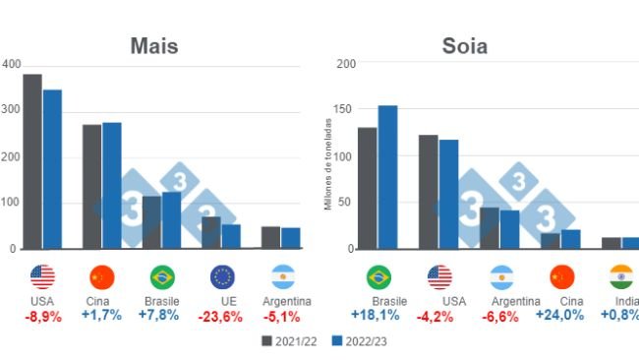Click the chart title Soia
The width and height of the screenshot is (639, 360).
[x=464, y=46]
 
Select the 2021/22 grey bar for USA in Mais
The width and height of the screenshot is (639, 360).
[x=32, y=161]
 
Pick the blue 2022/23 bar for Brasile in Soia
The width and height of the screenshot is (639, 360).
[x=387, y=177]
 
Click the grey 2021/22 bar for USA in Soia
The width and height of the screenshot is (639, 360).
[x=428, y=192]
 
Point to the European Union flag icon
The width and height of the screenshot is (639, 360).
[x=222, y=277]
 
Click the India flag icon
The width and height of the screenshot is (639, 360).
[x=620, y=277]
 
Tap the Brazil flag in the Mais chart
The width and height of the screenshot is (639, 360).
[x=162, y=277]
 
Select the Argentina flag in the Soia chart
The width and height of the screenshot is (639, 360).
[x=499, y=277]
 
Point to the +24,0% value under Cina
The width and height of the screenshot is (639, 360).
[x=559, y=315]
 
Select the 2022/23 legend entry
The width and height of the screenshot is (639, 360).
[x=354, y=341]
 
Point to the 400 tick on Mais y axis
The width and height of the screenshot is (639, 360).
[x=11, y=64]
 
